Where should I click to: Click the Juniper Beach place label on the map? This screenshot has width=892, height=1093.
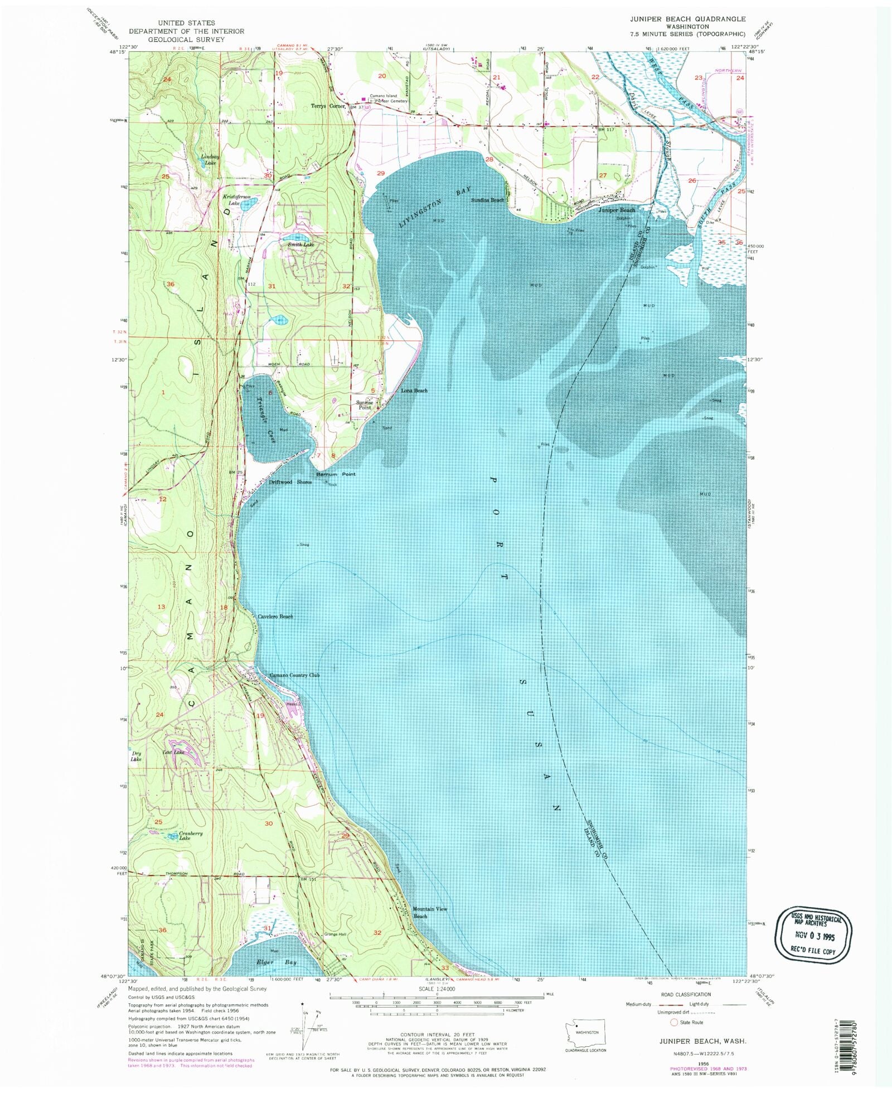point(617,210)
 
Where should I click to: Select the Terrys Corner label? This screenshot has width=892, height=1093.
point(328,106)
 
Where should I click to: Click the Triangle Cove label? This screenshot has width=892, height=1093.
point(264,412)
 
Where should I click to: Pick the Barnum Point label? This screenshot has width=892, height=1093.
point(336,474)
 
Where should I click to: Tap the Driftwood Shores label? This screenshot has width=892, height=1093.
point(290,482)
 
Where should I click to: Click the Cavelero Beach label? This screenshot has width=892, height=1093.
point(275,617)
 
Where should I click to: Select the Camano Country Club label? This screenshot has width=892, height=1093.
point(295,675)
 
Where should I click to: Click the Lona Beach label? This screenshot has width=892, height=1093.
point(414,391)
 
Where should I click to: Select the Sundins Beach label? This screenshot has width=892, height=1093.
point(487,200)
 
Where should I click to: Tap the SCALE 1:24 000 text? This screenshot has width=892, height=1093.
point(437,989)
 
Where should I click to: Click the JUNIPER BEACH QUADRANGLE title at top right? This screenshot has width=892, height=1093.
point(687,19)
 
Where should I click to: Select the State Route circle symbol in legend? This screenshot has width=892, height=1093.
point(673,1022)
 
